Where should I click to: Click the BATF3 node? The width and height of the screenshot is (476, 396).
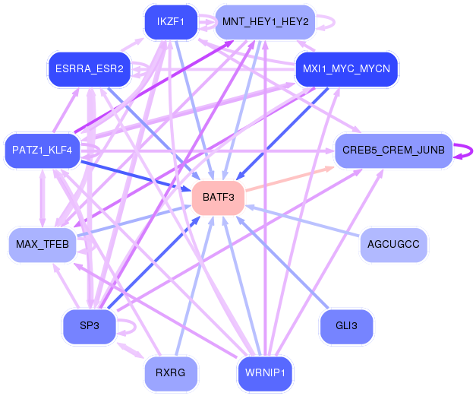pos(219,198)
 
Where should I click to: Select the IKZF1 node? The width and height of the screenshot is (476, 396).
pos(171,22)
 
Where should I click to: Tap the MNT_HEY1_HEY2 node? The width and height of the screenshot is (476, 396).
pos(265,22)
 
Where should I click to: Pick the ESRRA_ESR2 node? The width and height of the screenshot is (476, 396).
pos(90,69)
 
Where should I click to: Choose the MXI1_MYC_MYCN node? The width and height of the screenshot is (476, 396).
pos(346,69)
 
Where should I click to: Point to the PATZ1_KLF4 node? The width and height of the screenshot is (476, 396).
pos(43,150)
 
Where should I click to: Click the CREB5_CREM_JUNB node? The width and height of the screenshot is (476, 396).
pos(393,150)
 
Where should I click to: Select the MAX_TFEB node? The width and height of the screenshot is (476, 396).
pos(43,245)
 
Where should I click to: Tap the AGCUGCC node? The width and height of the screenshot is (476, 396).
pos(393,245)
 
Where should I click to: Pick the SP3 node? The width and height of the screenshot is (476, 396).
pos(90,326)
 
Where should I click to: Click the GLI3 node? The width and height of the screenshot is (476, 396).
pos(346,326)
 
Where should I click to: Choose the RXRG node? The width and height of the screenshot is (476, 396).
pos(171,373)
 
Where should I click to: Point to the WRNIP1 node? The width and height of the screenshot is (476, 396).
pos(265,373)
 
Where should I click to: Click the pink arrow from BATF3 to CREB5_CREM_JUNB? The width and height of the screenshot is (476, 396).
pos(289,179)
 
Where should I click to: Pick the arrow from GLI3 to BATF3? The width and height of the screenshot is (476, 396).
pos(282,263)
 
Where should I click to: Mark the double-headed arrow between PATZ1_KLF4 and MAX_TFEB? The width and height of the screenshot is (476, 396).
pos(43,198)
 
